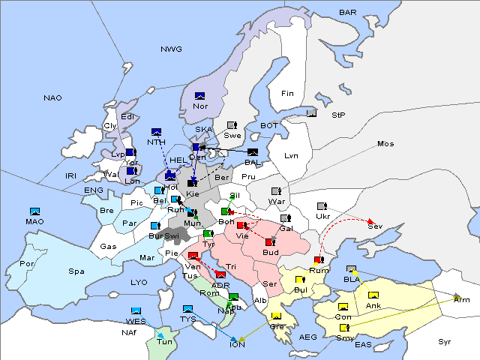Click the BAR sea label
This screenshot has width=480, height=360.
click(x=347, y=13)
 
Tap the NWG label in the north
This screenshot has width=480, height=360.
click(x=171, y=49)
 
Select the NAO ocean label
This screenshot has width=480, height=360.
click(x=52, y=98)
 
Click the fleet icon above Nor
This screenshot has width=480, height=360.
click(x=199, y=96)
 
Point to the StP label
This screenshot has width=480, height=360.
click(x=337, y=115)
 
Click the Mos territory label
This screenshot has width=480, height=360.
click(x=385, y=143)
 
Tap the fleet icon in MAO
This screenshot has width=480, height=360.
click(x=34, y=211)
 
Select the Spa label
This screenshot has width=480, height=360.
click(x=76, y=271)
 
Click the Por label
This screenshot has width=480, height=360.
click(x=27, y=264)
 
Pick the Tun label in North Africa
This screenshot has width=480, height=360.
click(x=164, y=341)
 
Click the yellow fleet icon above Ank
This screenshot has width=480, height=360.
click(x=373, y=295)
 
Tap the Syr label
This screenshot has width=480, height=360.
click(x=445, y=341)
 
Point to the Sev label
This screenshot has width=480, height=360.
click(x=373, y=226)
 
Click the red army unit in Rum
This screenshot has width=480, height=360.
click(x=318, y=260)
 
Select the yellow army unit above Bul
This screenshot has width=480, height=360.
click(x=300, y=280)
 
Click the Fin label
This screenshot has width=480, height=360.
click(x=287, y=94)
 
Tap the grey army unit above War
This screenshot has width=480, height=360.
click(x=276, y=191)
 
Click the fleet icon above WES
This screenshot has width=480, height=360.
click(x=136, y=310)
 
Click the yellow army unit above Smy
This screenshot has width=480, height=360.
click(x=343, y=328)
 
